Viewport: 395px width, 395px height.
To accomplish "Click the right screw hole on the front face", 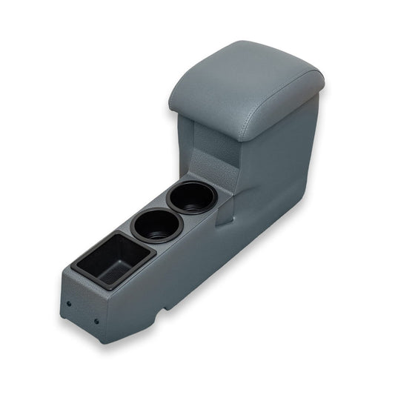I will click(96, 321).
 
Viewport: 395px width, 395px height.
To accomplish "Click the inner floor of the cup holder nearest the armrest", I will click(193, 202).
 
